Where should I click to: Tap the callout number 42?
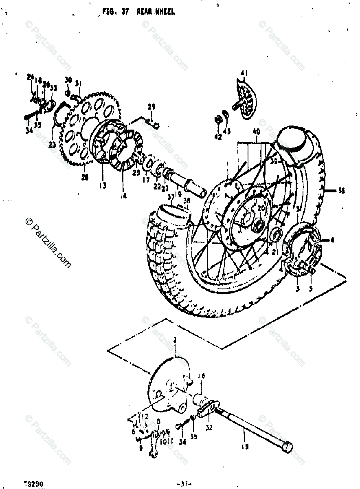click(x=218, y=137)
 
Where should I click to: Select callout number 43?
click(x=227, y=131)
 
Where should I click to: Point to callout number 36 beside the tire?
click(x=341, y=189)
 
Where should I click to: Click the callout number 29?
click(x=151, y=107)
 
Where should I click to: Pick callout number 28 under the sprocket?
click(x=85, y=177)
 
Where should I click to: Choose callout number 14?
click(x=123, y=196)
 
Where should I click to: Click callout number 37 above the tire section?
click(x=171, y=197)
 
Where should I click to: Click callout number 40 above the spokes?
click(x=256, y=132)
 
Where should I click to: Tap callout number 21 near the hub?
click(x=275, y=252)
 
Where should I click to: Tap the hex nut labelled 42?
click(x=218, y=119)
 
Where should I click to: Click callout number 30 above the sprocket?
click(x=68, y=80)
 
